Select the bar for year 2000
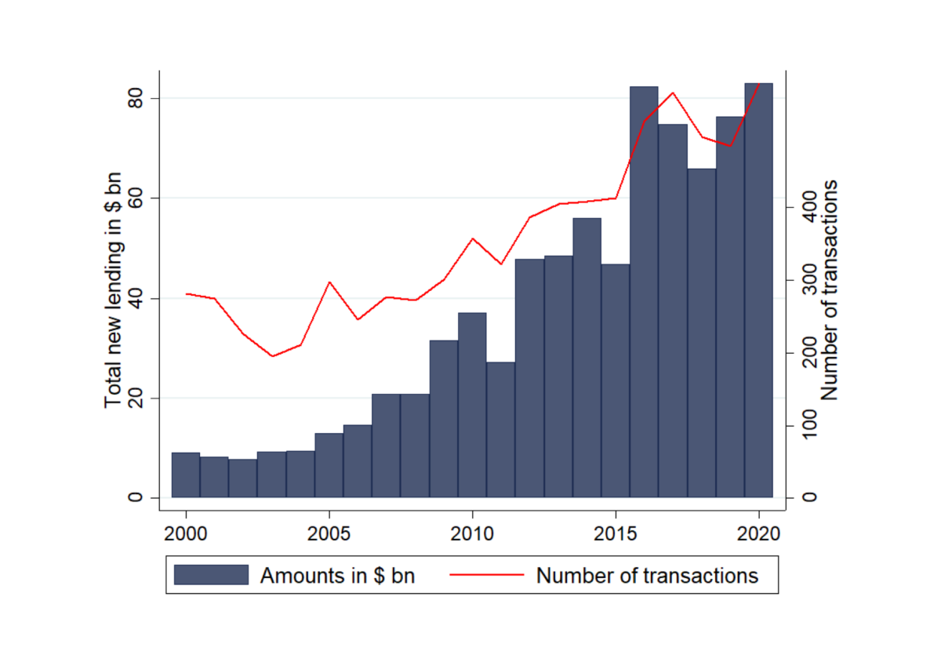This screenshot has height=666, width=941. tap(186, 475)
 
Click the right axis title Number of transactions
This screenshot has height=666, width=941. tap(830, 290)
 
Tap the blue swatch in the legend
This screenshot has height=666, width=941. tap(211, 575)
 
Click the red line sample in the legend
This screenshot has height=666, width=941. tap(486, 575)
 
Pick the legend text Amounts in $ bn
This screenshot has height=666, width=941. tap(337, 576)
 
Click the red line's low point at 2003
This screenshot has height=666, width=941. tap(272, 356)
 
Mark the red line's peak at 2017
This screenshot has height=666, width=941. tap(673, 93)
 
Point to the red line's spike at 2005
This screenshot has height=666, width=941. tap(329, 282)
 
